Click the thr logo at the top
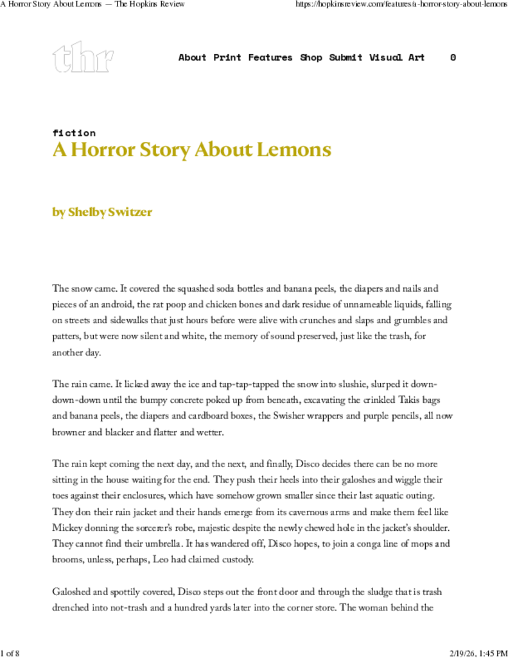[x=83, y=57]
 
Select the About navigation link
[x=192, y=57]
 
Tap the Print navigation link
[x=227, y=57]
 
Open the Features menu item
[x=270, y=57]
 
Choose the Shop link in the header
[x=311, y=57]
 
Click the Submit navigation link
[x=346, y=57]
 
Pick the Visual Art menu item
[x=397, y=57]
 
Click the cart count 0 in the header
[x=453, y=57]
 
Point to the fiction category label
[x=74, y=133]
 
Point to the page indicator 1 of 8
[x=10, y=653]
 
